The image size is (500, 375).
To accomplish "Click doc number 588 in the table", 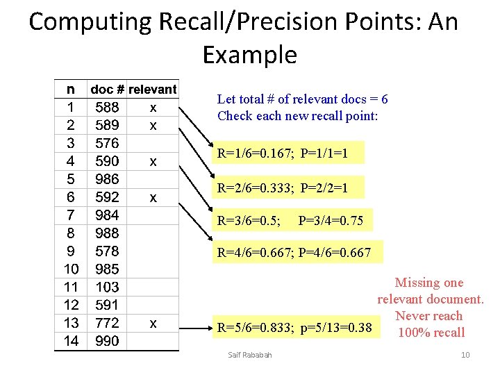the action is pyautogui.click(x=107, y=108).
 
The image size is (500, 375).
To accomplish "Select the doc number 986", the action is pyautogui.click(x=107, y=179).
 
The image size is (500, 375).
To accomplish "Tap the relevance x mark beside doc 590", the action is pyautogui.click(x=153, y=162).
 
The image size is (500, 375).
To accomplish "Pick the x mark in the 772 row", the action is pyautogui.click(x=153, y=323).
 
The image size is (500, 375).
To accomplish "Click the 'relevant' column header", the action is pyautogui.click(x=153, y=90).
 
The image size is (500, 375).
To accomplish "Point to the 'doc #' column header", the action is pyautogui.click(x=108, y=90).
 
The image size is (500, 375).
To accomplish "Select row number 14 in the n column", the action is pyautogui.click(x=71, y=341).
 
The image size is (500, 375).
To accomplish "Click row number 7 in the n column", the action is pyautogui.click(x=71, y=215).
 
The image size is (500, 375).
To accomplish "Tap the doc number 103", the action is pyautogui.click(x=107, y=287).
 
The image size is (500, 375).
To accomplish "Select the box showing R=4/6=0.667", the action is pyautogui.click(x=294, y=253).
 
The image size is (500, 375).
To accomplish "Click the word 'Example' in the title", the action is pyautogui.click(x=249, y=54).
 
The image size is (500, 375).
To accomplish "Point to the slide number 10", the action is pyautogui.click(x=465, y=356).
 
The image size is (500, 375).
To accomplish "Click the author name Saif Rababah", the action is pyautogui.click(x=250, y=356).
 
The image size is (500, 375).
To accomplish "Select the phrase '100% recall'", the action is pyautogui.click(x=431, y=333).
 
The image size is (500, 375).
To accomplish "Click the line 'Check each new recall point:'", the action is pyautogui.click(x=297, y=116).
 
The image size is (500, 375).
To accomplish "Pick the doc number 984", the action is pyautogui.click(x=107, y=215).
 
